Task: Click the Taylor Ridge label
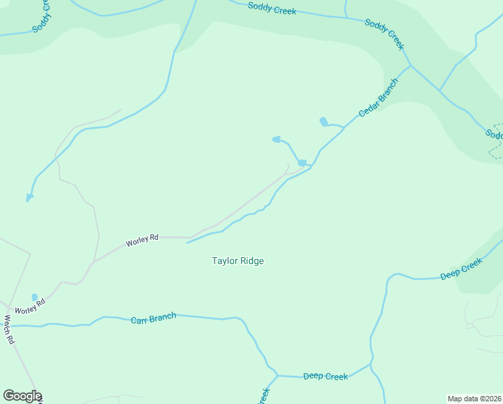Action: [238, 261]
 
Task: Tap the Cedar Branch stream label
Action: [378, 98]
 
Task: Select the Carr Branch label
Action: [153, 318]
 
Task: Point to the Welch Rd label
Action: [9, 330]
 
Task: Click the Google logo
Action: [22, 396]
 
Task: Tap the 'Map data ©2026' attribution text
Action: [474, 399]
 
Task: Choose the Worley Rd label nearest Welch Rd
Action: [30, 305]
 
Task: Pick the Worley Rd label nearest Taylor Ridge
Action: [142, 238]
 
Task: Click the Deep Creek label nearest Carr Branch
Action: [325, 376]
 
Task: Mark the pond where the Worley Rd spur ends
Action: [302, 162]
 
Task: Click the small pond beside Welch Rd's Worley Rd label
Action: [34, 297]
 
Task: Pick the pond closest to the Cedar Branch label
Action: [324, 122]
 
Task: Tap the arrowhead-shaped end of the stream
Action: [29, 198]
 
